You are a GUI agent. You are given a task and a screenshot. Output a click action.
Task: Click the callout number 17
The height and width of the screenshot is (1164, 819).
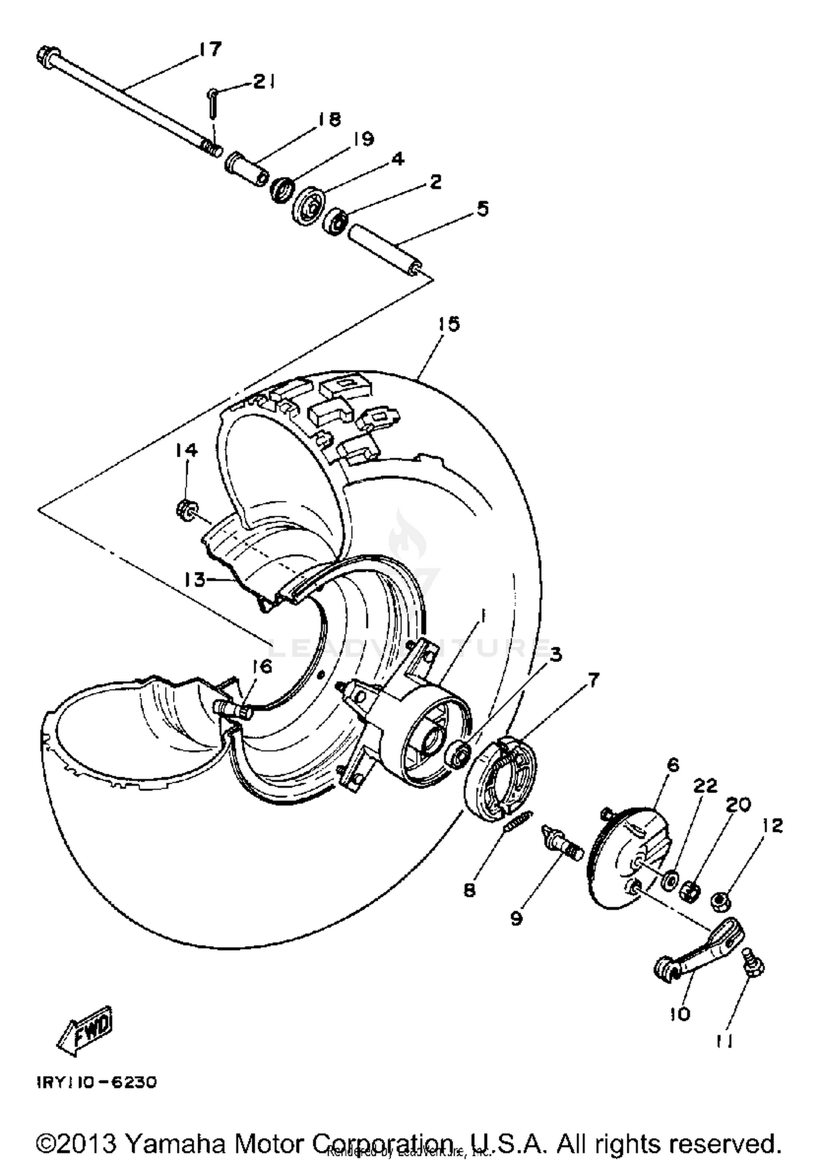click(210, 50)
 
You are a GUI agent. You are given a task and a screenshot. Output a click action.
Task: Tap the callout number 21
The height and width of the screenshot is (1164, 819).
click(264, 82)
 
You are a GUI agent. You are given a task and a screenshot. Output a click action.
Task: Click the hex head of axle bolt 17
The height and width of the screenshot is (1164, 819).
click(45, 55)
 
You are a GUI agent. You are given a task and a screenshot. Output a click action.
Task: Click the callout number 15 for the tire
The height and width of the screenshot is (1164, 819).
click(448, 324)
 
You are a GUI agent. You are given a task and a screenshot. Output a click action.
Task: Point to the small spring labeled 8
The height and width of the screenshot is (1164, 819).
click(515, 821)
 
